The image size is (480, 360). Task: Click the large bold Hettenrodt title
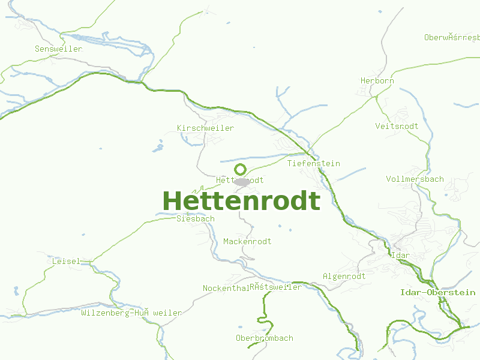pos(241,201)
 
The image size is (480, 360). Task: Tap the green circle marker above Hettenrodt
pos(240,169)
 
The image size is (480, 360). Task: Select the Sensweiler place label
pos(58,49)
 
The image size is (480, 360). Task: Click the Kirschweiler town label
pos(205,128)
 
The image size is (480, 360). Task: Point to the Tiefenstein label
pos(313,163)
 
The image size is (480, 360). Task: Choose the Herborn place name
pos(377,80)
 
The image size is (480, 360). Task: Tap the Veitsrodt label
pos(397,126)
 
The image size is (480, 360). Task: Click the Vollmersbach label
pos(415,179)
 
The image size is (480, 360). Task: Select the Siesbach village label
pos(195,218)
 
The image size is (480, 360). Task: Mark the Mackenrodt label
pos(247,241)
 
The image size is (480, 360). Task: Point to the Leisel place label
pos(65,261)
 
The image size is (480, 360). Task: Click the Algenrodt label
pos(344,276)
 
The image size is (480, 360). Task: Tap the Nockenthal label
pos(225,288)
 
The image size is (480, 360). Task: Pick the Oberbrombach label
pos(264,338)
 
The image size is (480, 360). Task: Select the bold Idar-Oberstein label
pos(437,292)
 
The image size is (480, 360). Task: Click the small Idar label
pos(400,255)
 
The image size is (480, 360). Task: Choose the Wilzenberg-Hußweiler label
pos(131,313)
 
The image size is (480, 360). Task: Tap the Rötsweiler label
pos(276,287)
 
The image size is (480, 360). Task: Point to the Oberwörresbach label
pos(451,37)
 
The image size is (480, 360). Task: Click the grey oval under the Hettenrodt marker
pos(242,181)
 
